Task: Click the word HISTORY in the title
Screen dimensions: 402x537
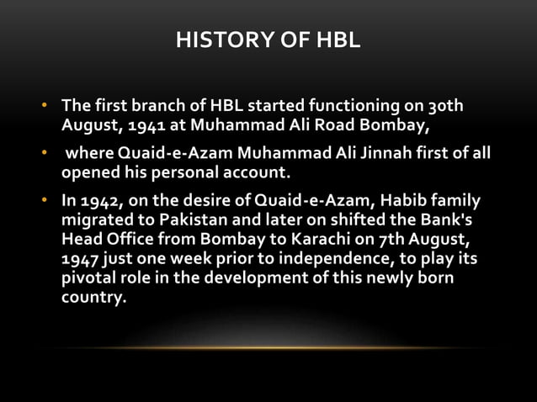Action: [215, 40]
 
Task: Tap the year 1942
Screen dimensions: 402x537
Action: [100, 202]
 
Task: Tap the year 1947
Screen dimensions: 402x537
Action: [81, 260]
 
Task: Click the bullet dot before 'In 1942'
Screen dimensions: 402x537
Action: [47, 202]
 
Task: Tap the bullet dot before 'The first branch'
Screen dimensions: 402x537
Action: [47, 108]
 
